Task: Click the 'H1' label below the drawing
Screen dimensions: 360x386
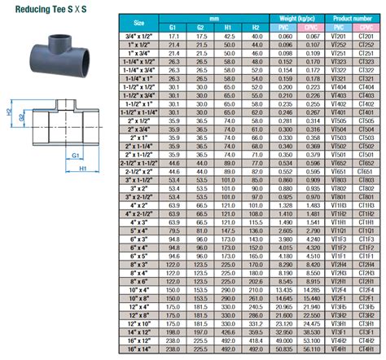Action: click(x=81, y=169)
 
